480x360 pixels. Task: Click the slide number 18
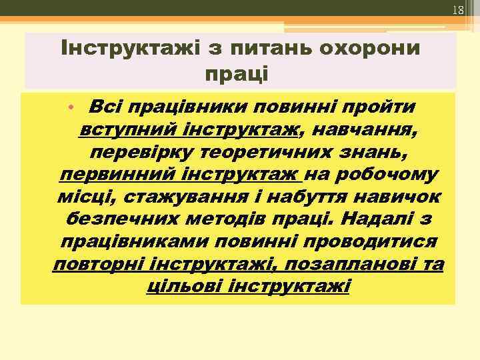coord(457,10)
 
